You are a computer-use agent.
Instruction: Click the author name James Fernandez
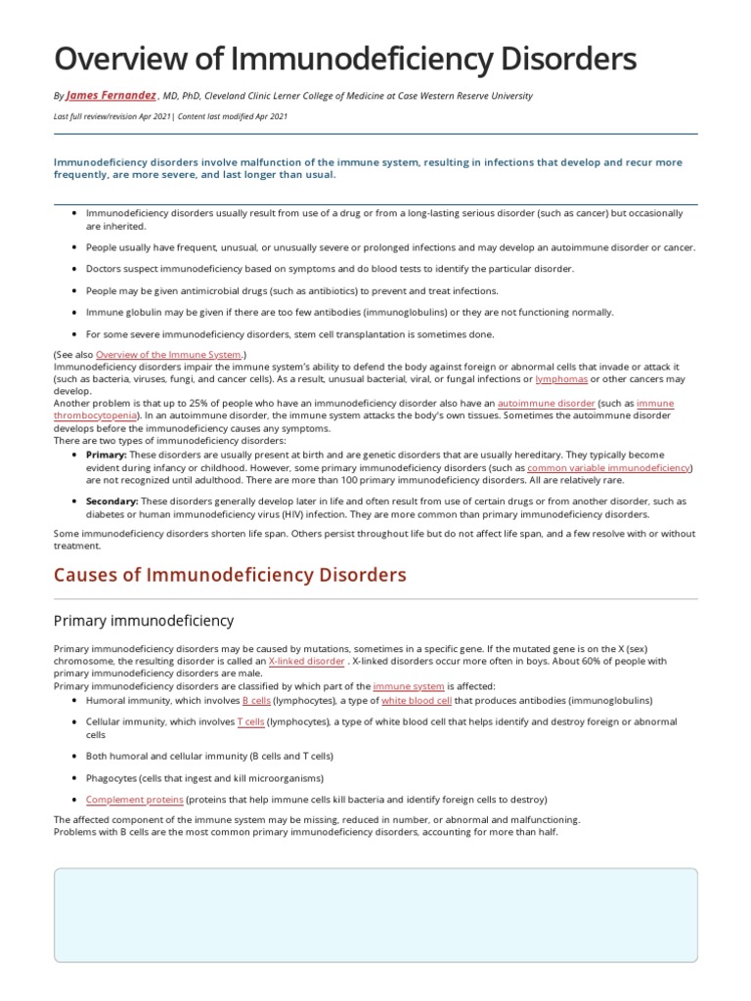pos(110,96)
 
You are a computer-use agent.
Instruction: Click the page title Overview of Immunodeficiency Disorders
pos(344,59)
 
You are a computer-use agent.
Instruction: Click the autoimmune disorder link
pos(546,403)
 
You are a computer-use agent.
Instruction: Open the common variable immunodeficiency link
pos(608,468)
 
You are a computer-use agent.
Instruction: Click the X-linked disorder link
pos(306,662)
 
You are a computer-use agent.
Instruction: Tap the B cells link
pos(256,701)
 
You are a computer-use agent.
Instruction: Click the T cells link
pos(250,721)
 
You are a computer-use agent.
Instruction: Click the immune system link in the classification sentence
pos(409,686)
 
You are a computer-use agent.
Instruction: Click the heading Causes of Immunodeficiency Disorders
pos(230,575)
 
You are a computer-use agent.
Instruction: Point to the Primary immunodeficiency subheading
pos(144,620)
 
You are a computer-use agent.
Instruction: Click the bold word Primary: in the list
pos(106,456)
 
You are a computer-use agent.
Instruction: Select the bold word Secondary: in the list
pos(111,500)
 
